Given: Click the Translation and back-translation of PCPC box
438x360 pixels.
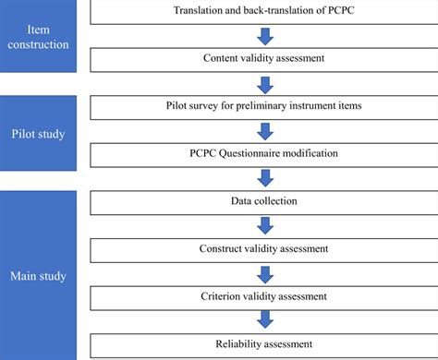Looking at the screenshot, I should (262, 10).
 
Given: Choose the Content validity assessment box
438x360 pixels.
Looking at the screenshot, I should (262, 59).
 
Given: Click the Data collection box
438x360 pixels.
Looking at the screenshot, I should (262, 200).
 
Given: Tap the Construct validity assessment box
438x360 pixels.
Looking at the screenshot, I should (262, 248).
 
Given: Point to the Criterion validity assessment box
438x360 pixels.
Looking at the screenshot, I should (262, 296).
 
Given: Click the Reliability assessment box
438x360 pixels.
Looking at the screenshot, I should (262, 345).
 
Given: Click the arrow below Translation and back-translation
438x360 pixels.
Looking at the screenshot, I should (264, 35).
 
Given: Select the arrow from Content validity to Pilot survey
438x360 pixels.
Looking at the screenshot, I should (264, 84).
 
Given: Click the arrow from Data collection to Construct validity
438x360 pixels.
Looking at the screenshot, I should (264, 224).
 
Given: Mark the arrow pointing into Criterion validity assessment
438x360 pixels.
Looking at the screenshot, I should (264, 272).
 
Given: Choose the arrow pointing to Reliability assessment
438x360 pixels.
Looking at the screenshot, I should (264, 321).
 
